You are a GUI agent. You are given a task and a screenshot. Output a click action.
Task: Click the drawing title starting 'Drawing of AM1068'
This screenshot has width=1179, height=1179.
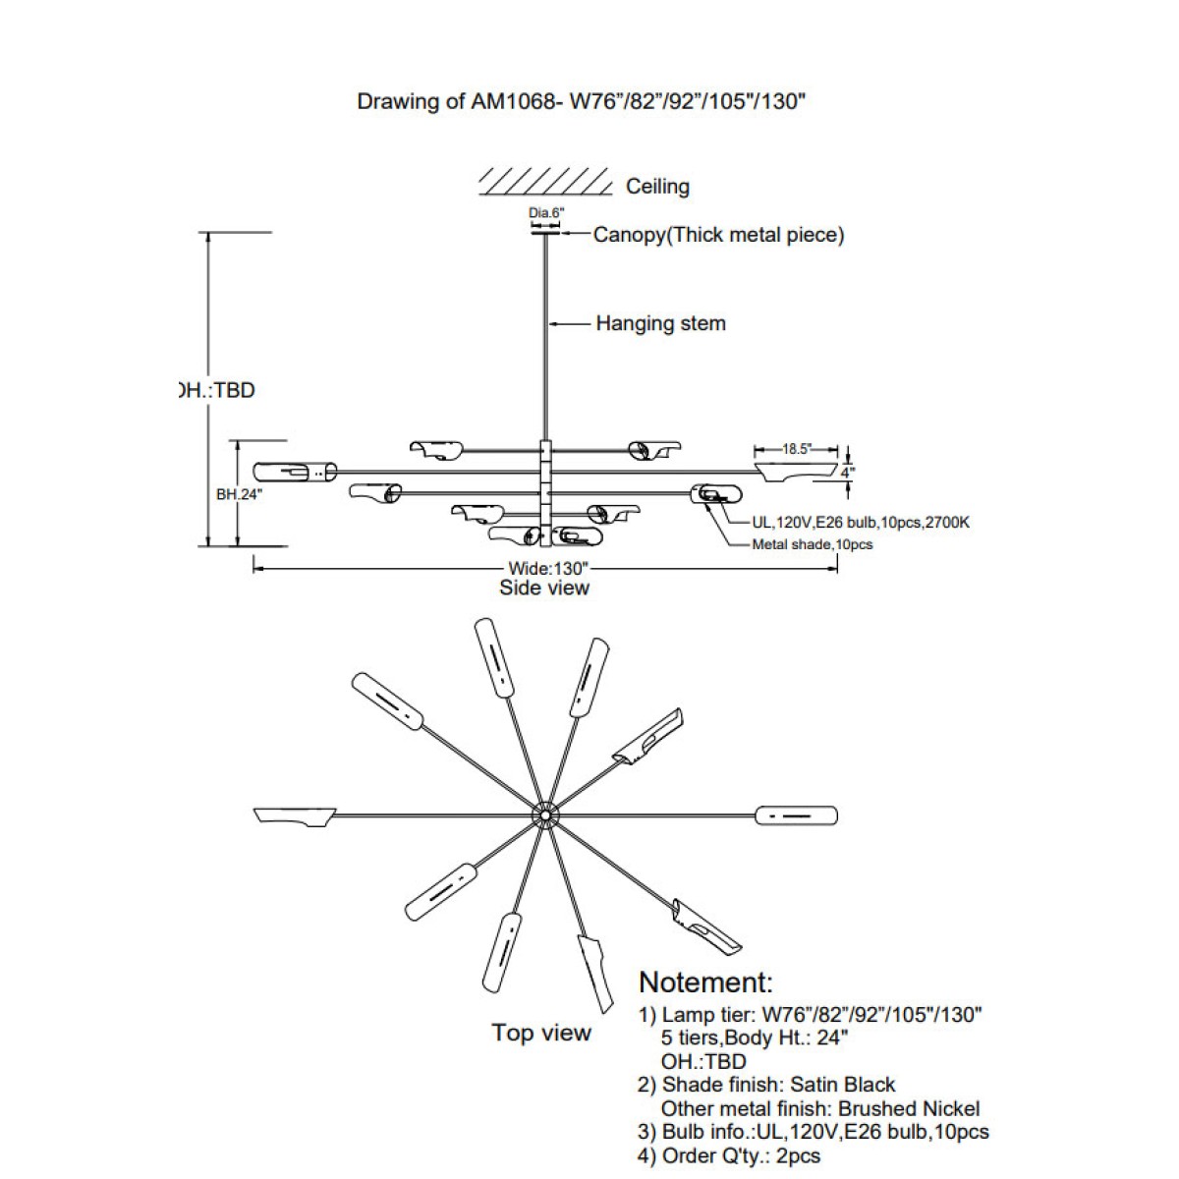click(582, 102)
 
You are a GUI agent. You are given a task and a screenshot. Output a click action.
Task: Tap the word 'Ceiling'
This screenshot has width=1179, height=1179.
click(657, 187)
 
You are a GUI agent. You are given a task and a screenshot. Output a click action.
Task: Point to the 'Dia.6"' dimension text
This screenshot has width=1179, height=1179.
click(546, 212)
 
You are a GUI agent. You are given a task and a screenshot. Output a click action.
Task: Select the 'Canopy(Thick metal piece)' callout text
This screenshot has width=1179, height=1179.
click(718, 235)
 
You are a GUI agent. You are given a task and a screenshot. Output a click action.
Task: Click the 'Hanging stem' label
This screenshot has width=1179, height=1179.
click(660, 323)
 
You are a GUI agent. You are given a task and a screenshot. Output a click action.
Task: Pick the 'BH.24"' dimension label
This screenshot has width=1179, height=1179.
click(239, 495)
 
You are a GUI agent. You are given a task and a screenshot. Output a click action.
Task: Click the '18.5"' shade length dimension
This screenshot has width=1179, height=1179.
click(796, 449)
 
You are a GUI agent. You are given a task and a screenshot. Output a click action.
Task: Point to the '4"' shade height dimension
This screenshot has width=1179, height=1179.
click(848, 472)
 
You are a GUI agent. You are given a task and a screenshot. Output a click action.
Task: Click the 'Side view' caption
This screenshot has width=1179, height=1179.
click(544, 588)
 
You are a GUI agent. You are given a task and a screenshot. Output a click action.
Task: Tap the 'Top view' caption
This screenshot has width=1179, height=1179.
click(541, 1032)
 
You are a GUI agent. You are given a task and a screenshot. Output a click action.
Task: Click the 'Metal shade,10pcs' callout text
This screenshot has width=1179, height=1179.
click(812, 544)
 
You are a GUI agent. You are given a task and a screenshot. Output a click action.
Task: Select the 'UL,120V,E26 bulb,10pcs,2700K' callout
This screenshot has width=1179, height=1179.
click(848, 523)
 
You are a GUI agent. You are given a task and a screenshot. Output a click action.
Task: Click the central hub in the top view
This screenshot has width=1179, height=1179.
click(543, 814)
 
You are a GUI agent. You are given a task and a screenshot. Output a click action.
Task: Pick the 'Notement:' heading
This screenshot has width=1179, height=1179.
click(705, 982)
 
